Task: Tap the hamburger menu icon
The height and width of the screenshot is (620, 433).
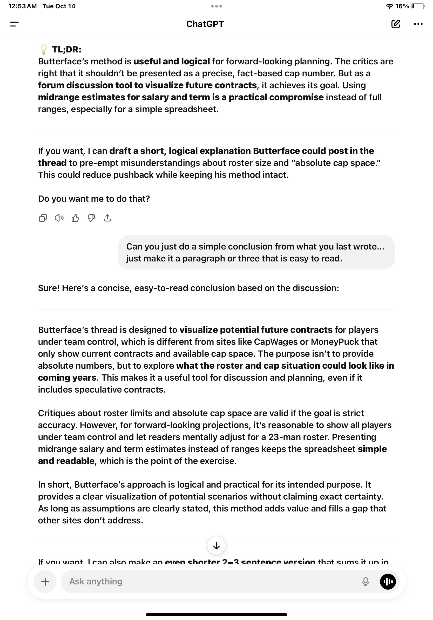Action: tap(14, 24)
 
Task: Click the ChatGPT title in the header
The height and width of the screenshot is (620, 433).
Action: tap(205, 24)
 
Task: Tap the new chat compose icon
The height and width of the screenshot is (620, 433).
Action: tap(395, 24)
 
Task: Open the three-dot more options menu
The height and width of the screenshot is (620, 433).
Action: tap(418, 24)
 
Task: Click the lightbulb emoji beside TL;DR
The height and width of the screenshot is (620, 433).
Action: tap(43, 49)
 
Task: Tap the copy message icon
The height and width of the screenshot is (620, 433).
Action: tap(43, 218)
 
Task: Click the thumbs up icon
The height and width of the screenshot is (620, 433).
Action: tap(75, 218)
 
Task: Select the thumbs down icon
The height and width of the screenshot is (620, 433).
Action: tap(91, 218)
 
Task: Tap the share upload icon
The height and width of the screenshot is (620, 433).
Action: tap(107, 218)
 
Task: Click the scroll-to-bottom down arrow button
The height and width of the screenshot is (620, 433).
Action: tap(216, 546)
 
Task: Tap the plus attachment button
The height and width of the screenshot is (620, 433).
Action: tap(45, 581)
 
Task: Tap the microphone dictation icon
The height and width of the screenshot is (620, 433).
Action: tap(365, 581)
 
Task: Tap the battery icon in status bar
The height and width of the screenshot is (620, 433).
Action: tap(418, 6)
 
